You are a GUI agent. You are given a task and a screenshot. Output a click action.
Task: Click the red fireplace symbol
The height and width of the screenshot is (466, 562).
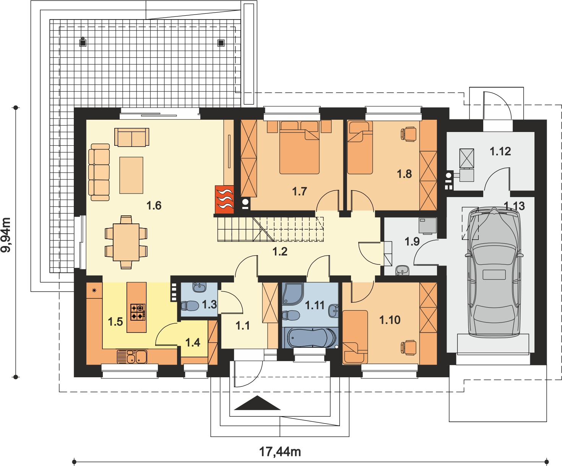coord(224,200)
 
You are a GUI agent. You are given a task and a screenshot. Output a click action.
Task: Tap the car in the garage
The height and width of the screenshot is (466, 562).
coord(494,272)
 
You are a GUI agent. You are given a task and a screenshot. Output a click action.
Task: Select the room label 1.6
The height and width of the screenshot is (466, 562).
coord(154,205)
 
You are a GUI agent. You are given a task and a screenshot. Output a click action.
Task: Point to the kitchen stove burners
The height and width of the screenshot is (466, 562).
coord(138,312)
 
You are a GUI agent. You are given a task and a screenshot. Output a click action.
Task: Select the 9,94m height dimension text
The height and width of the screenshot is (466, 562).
coord(6,235)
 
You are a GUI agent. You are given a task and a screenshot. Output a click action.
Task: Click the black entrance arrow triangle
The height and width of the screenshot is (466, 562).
coord(257,403)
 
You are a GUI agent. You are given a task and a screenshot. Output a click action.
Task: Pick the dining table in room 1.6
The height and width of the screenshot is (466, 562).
coord(126,242)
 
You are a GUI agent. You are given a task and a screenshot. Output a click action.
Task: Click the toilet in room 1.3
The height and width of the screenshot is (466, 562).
coord(190,306)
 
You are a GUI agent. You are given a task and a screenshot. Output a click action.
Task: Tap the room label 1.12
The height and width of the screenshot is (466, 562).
coord(500,152)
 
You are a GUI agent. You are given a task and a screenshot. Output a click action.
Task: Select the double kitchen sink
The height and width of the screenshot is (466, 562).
coord(132,357)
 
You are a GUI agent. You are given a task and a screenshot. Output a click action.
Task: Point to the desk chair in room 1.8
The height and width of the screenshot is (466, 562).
coord(409,134)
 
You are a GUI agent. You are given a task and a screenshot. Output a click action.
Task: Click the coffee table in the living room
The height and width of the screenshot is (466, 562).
coord(132,175)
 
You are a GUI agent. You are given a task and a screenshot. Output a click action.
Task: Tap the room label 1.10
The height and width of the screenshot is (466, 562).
coord(390,320)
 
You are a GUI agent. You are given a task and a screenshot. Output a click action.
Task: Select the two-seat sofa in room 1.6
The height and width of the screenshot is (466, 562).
coord(132,137)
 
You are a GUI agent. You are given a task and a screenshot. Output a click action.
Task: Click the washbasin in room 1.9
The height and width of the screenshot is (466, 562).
coord(403,270)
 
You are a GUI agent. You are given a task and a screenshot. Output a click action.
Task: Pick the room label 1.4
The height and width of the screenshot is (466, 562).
coord(193,342)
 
